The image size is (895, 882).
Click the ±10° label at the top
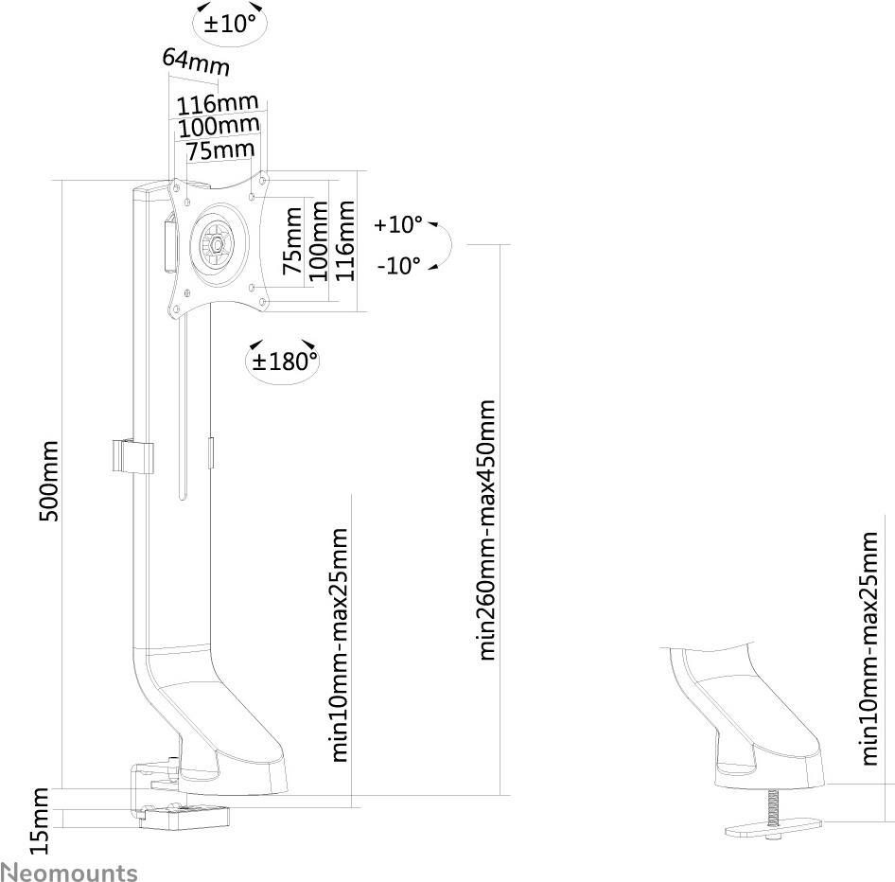coord(230,23)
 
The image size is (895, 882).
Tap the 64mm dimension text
coord(196,62)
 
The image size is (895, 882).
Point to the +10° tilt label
coord(397,225)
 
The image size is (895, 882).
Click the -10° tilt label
coord(398,266)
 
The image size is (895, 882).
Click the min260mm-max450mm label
coord(487,530)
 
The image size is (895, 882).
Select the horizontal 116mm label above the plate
coord(219,102)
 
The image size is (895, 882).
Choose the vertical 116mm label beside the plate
coord(345,240)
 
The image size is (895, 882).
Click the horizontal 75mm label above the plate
coord(219,150)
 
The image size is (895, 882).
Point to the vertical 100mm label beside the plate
coord(320,240)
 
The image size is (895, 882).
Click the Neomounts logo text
coord(69,871)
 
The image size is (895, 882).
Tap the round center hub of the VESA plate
coord(219,244)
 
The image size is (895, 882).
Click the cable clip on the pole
coord(131,456)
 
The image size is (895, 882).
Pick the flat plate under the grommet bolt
coord(774,830)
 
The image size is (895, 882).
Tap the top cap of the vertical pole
coord(148,194)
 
